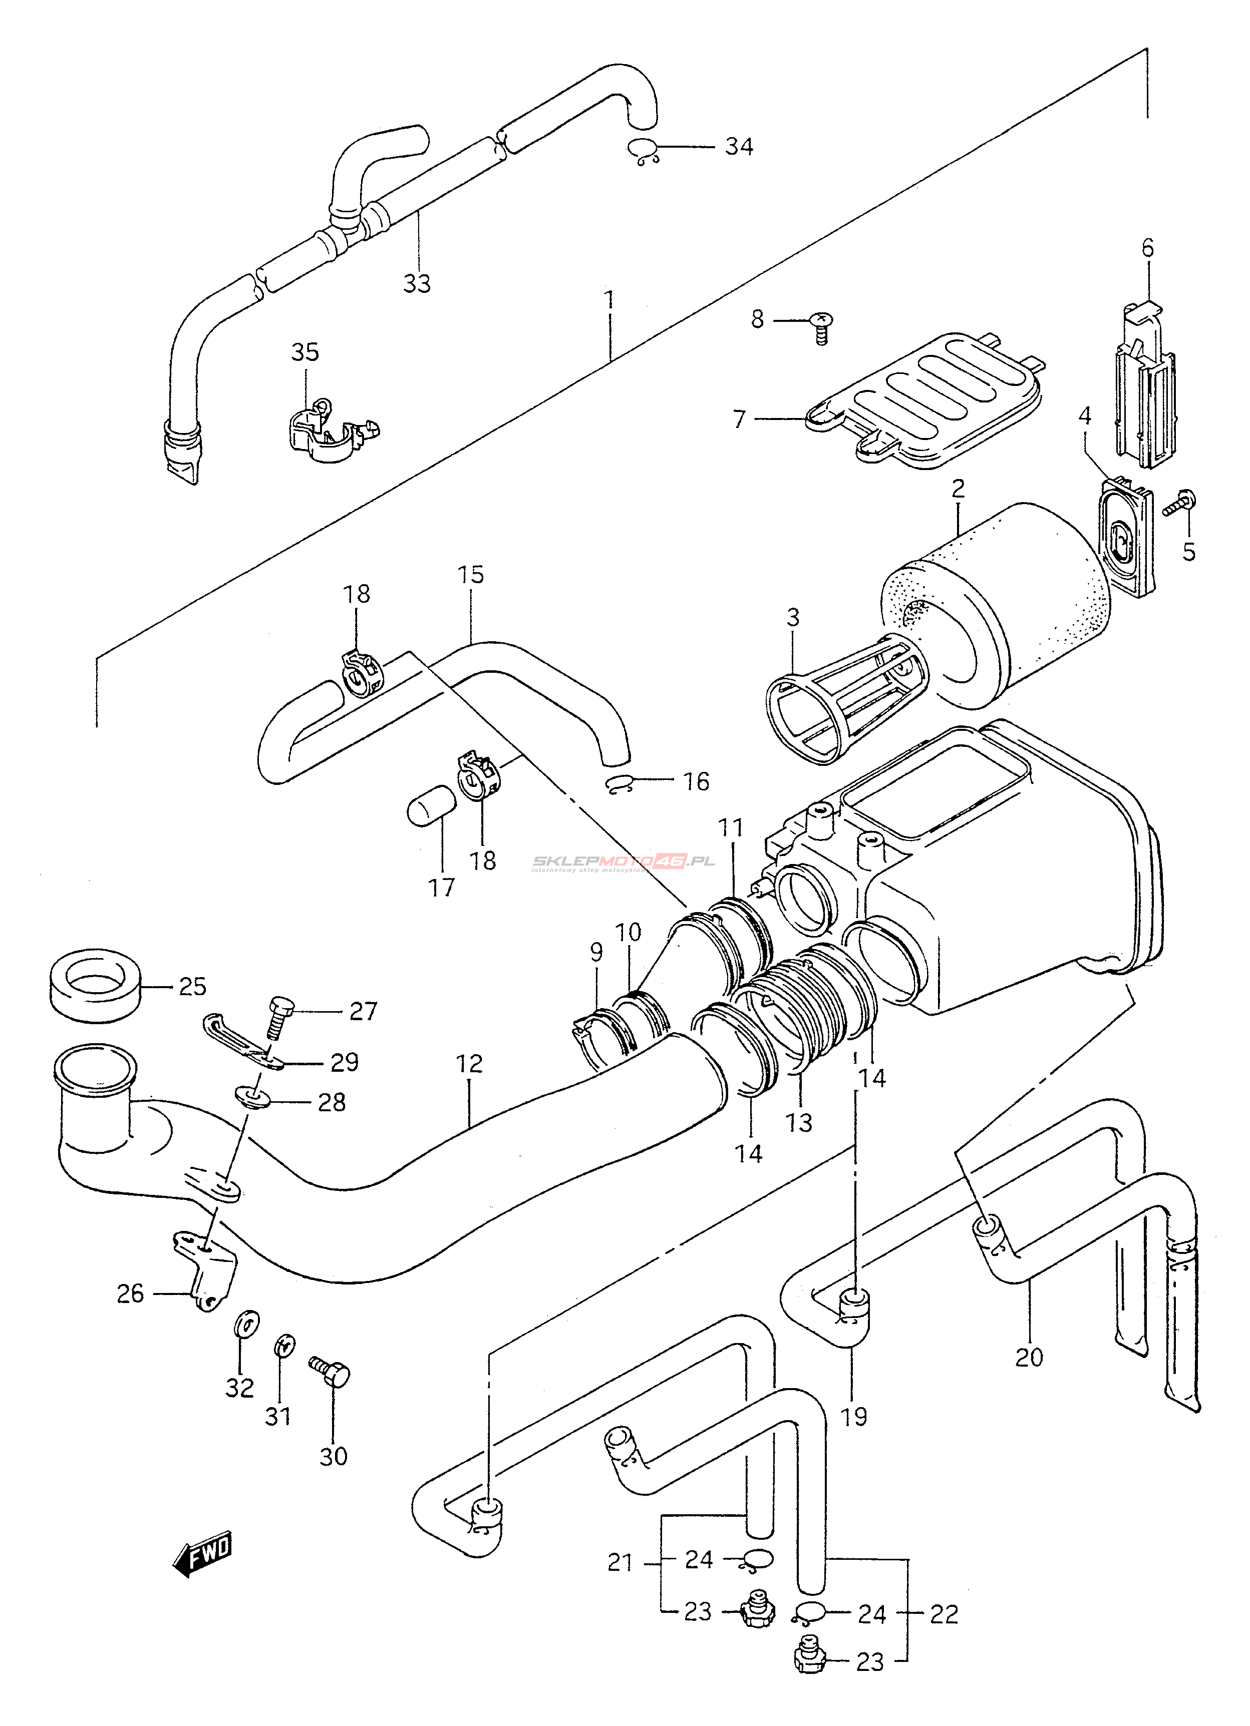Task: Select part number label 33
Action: [416, 283]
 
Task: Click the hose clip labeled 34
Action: [644, 152]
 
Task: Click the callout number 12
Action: [470, 1064]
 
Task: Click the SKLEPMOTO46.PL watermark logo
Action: [622, 862]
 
